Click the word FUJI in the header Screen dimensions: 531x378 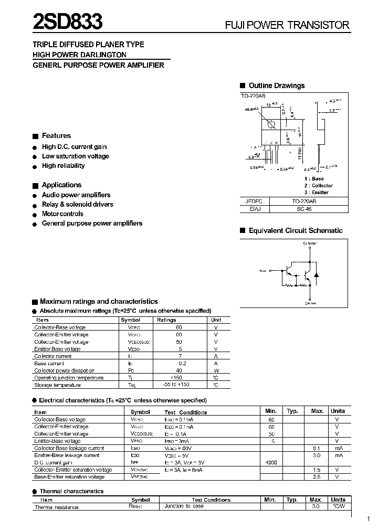[236, 25]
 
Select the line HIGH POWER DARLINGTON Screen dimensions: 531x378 [79, 55]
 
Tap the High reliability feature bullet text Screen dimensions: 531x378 [63, 166]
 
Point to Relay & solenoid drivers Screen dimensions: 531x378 [77, 204]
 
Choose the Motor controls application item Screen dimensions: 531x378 [62, 214]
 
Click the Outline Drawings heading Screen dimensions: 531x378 [276, 86]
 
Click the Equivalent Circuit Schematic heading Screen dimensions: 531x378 [295, 230]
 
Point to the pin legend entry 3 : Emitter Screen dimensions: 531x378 [316, 192]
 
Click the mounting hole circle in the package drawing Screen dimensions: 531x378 [271, 125]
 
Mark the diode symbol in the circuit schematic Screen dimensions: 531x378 [316, 274]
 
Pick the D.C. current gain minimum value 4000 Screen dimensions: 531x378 [271, 463]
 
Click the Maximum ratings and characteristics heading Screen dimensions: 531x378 [98, 302]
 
